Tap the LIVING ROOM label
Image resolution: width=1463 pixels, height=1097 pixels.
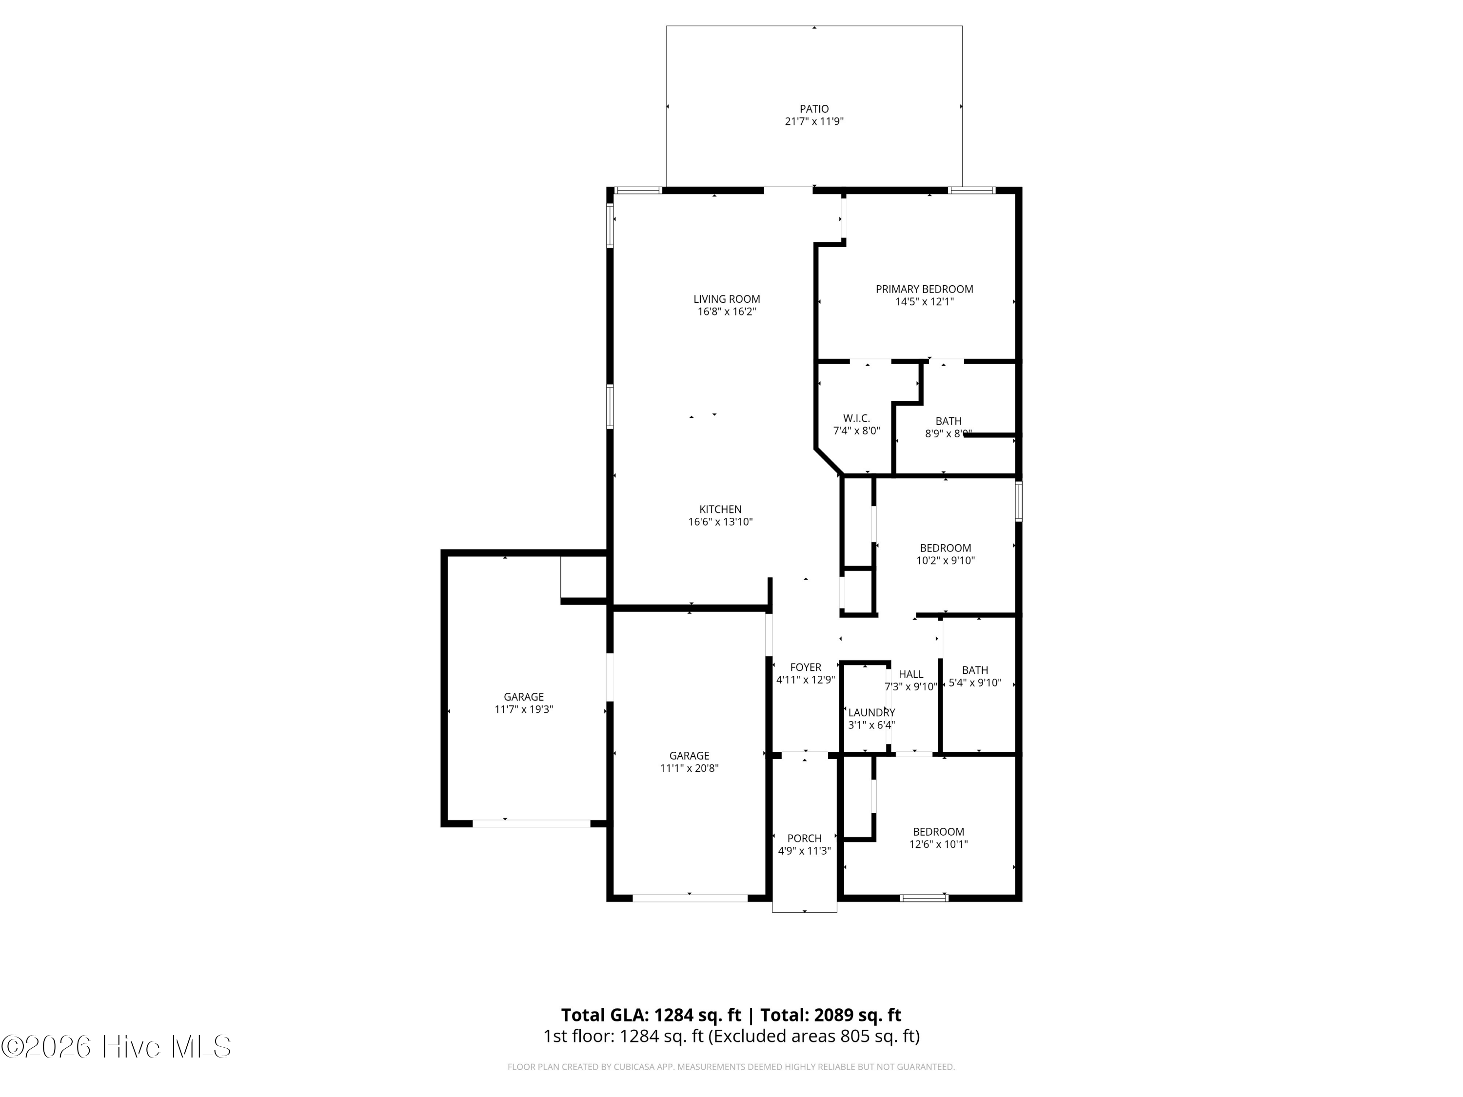click(x=727, y=299)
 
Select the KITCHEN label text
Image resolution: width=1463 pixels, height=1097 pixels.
click(x=720, y=509)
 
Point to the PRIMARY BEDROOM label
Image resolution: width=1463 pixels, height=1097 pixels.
click(x=925, y=289)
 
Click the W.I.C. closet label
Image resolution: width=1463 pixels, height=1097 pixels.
click(x=856, y=418)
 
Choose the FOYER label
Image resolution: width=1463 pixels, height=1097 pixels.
click(x=806, y=667)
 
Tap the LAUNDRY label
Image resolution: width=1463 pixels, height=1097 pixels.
click(x=872, y=712)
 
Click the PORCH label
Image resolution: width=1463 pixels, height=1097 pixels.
click(x=804, y=839)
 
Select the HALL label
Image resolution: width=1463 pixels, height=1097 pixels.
click(x=911, y=674)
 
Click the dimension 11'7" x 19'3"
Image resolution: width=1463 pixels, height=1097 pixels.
click(x=524, y=709)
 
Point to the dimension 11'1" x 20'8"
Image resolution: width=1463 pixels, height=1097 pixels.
click(x=689, y=768)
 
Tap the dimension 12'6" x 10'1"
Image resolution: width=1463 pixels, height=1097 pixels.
click(x=939, y=844)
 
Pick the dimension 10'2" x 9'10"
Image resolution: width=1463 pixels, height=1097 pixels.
click(x=946, y=561)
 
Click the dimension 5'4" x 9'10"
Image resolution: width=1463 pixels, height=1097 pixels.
click(x=975, y=683)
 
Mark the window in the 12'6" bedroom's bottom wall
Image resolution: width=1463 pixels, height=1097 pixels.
click(x=925, y=898)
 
